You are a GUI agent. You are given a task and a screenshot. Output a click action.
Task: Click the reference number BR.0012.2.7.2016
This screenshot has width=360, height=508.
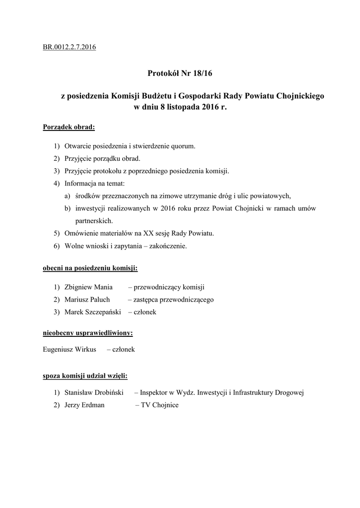click(70, 48)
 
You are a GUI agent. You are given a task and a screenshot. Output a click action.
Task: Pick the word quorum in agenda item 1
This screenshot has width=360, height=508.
click(183, 146)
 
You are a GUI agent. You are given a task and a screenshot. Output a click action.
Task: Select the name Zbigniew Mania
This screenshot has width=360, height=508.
click(89, 287)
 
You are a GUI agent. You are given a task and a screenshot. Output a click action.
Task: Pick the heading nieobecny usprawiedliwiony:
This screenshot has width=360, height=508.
click(88, 332)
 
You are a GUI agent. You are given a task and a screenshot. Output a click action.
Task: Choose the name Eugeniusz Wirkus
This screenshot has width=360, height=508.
click(70, 349)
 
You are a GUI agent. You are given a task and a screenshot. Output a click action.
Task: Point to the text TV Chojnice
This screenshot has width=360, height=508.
click(159, 405)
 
